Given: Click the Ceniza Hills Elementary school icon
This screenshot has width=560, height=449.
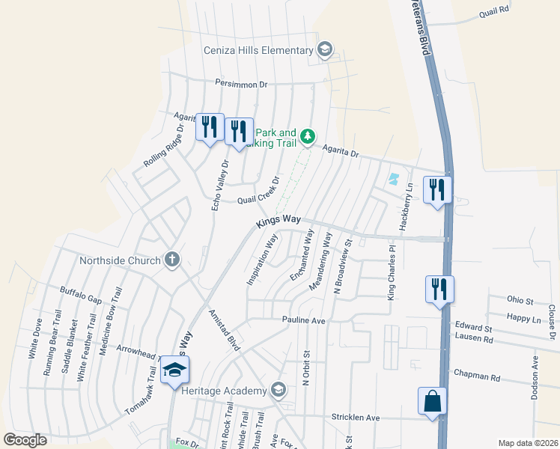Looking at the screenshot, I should click(x=324, y=50).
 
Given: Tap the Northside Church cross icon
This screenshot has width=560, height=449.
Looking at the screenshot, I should click(x=171, y=260).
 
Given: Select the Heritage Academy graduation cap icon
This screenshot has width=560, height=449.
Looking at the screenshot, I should click(x=279, y=390).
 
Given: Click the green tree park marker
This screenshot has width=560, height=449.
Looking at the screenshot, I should click(x=308, y=136).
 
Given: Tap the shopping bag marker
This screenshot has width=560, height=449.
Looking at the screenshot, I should click(x=433, y=401).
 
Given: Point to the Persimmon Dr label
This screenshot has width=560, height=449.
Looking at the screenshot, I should click(x=241, y=85).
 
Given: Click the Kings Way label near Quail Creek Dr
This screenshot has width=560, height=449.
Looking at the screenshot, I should click(x=278, y=222).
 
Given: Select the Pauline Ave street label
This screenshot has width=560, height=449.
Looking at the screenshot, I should click(x=303, y=320).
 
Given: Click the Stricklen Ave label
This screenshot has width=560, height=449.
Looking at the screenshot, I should click(x=356, y=417).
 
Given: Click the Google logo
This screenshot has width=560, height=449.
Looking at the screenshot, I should click(x=25, y=440).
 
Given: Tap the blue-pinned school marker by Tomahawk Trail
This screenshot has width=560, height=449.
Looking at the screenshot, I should click(x=174, y=370).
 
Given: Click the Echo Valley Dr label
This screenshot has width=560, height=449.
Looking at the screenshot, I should click(x=219, y=183).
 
